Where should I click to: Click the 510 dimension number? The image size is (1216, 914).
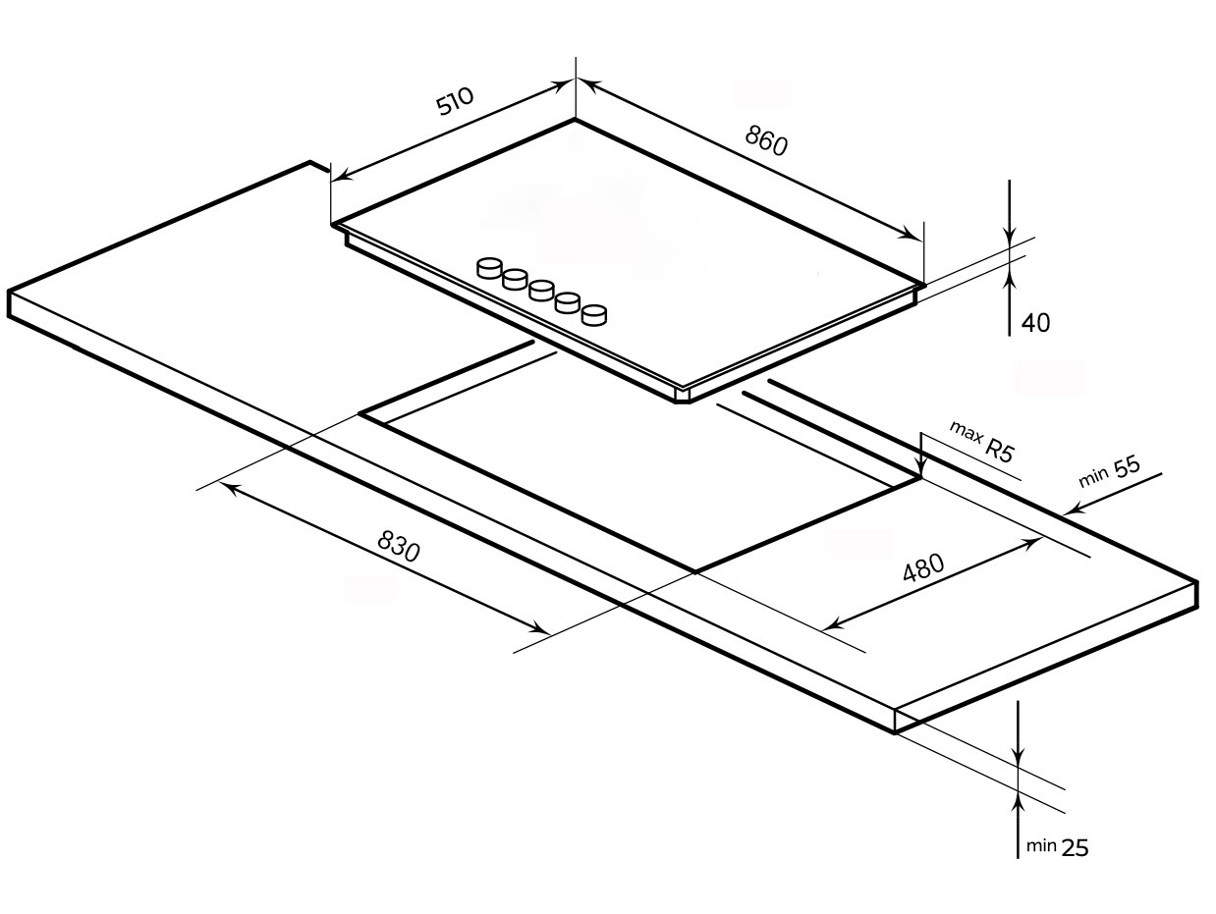[455, 101]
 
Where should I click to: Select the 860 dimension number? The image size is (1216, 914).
[765, 140]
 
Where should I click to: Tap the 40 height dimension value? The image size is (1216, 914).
[1035, 323]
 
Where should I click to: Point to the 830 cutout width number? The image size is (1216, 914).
[399, 546]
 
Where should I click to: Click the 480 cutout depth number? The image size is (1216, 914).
[923, 567]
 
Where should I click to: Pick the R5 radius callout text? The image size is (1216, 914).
[999, 450]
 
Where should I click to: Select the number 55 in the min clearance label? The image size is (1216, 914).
[1127, 466]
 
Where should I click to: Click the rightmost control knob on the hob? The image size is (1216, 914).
[594, 314]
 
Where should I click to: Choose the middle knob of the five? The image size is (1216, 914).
[541, 291]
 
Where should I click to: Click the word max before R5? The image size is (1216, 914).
[966, 432]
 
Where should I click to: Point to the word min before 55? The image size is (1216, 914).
[1093, 477]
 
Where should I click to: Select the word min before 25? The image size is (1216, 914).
[1041, 846]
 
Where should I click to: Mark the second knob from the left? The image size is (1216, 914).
[515, 279]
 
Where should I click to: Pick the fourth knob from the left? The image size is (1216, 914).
[568, 302]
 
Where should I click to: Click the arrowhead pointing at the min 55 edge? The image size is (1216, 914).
[1072, 510]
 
